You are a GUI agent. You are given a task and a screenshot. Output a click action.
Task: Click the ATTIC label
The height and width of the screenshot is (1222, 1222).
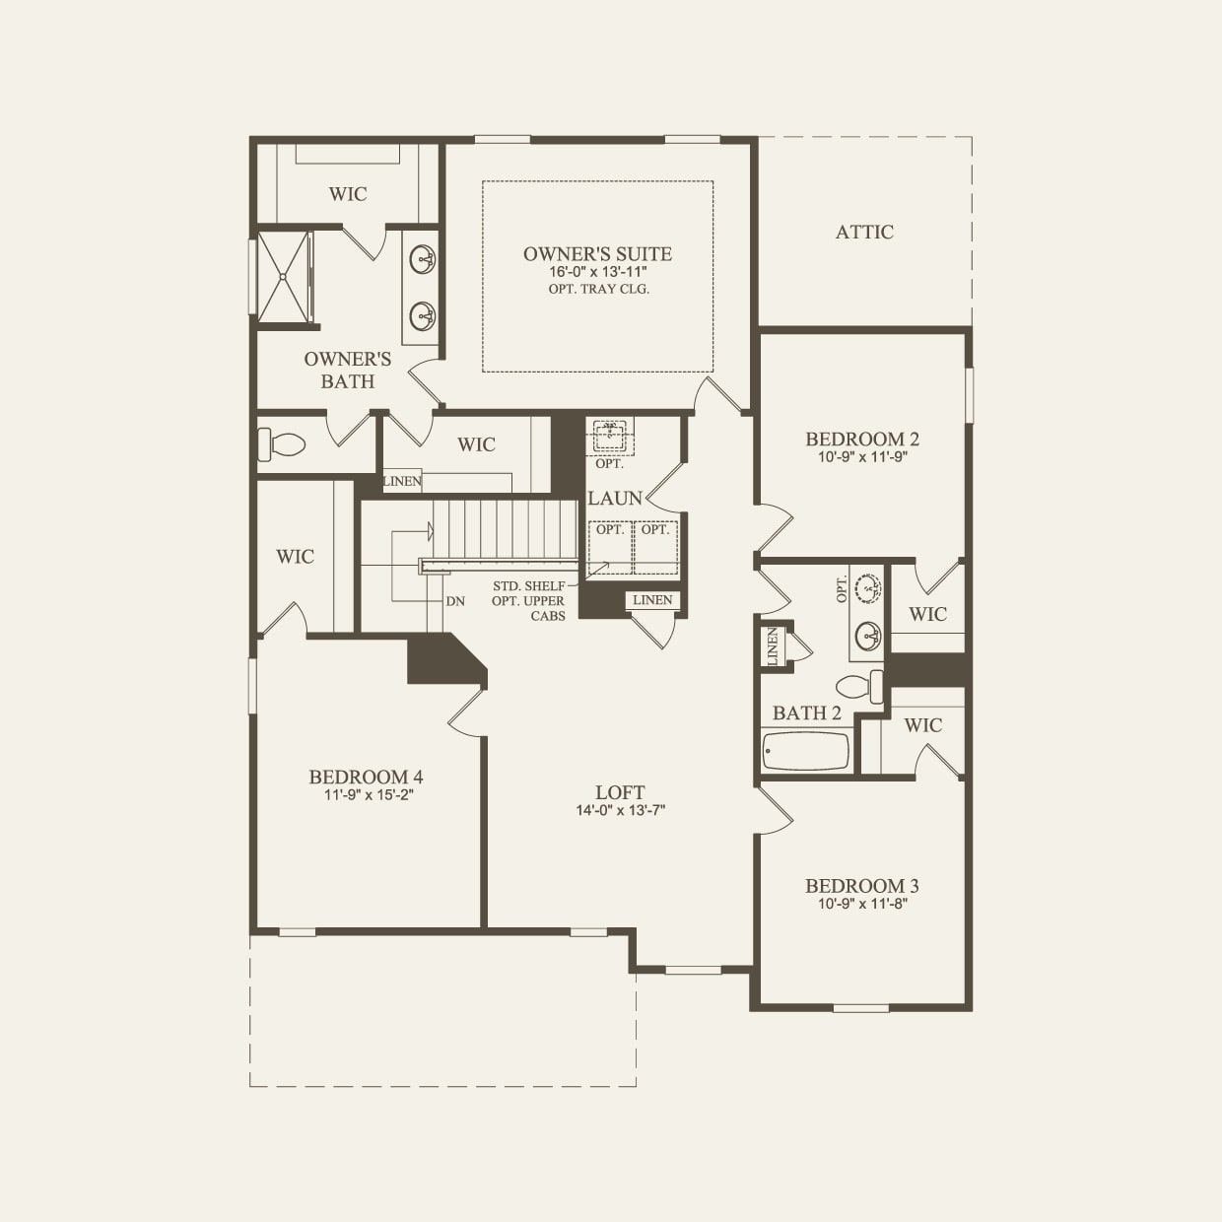coord(864,233)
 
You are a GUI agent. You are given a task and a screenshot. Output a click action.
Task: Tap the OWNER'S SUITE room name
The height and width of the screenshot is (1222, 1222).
coord(597,254)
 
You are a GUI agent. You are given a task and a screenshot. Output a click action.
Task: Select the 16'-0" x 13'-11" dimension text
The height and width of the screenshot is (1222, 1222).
coord(597,272)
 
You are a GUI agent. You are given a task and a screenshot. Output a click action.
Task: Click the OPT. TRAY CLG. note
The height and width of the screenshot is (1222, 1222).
coord(598,289)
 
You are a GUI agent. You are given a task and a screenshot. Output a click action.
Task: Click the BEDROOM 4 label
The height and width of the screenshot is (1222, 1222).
coord(366,777)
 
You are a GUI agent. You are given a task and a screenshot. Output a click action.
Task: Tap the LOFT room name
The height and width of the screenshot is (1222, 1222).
coord(620,792)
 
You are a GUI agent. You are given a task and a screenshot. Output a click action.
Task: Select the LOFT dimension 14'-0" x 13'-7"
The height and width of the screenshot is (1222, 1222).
coord(620,810)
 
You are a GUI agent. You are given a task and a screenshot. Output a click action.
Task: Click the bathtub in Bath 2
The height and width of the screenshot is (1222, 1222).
coord(805,751)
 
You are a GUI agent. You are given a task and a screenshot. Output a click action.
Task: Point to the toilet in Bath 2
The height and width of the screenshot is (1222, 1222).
coord(860,685)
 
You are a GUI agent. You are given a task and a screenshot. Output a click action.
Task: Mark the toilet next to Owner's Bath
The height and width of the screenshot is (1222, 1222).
coord(280,443)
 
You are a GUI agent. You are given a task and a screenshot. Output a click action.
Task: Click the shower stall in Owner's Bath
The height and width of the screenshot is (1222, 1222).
coord(284,277)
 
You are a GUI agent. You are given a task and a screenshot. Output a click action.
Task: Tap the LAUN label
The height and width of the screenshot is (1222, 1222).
coord(615,499)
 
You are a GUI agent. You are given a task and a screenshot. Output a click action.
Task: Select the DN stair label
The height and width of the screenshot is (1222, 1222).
coord(454,601)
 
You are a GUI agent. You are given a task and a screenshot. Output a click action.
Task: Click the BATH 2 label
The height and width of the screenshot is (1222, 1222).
coord(806,713)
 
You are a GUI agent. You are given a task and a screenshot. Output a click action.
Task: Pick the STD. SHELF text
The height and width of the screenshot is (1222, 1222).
coord(529,586)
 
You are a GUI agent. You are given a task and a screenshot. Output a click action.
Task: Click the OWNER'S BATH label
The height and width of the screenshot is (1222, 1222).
coord(347,371)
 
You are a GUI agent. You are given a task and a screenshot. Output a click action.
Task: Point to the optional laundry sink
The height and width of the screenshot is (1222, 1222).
coord(610,435)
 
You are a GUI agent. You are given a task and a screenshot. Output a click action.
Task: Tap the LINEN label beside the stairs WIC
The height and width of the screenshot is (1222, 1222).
coord(402,482)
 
